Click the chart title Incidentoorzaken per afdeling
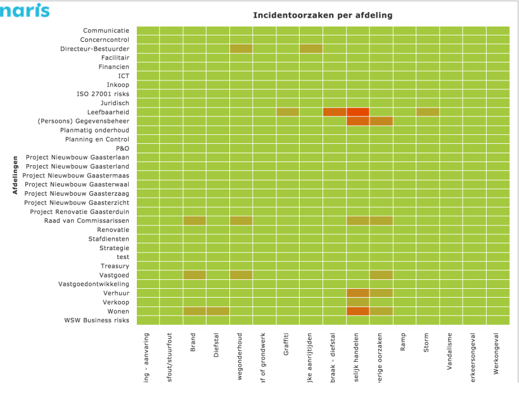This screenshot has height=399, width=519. pyautogui.click(x=323, y=15)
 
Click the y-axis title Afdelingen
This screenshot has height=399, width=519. pyautogui.click(x=14, y=175)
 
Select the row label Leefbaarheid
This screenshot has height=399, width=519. pyautogui.click(x=108, y=111)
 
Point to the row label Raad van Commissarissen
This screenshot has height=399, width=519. pyautogui.click(x=87, y=220)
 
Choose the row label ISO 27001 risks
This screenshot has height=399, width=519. pyautogui.click(x=103, y=94)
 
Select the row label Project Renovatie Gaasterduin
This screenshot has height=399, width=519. pyautogui.click(x=79, y=211)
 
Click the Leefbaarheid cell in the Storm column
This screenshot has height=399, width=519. pyautogui.click(x=427, y=111)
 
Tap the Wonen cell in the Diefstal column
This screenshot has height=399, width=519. pyautogui.click(x=217, y=311)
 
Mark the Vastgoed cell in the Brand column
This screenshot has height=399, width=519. pyautogui.click(x=194, y=275)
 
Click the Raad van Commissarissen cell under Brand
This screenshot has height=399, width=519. pyautogui.click(x=194, y=220)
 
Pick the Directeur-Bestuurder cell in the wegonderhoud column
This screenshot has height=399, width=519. pyautogui.click(x=241, y=48)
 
